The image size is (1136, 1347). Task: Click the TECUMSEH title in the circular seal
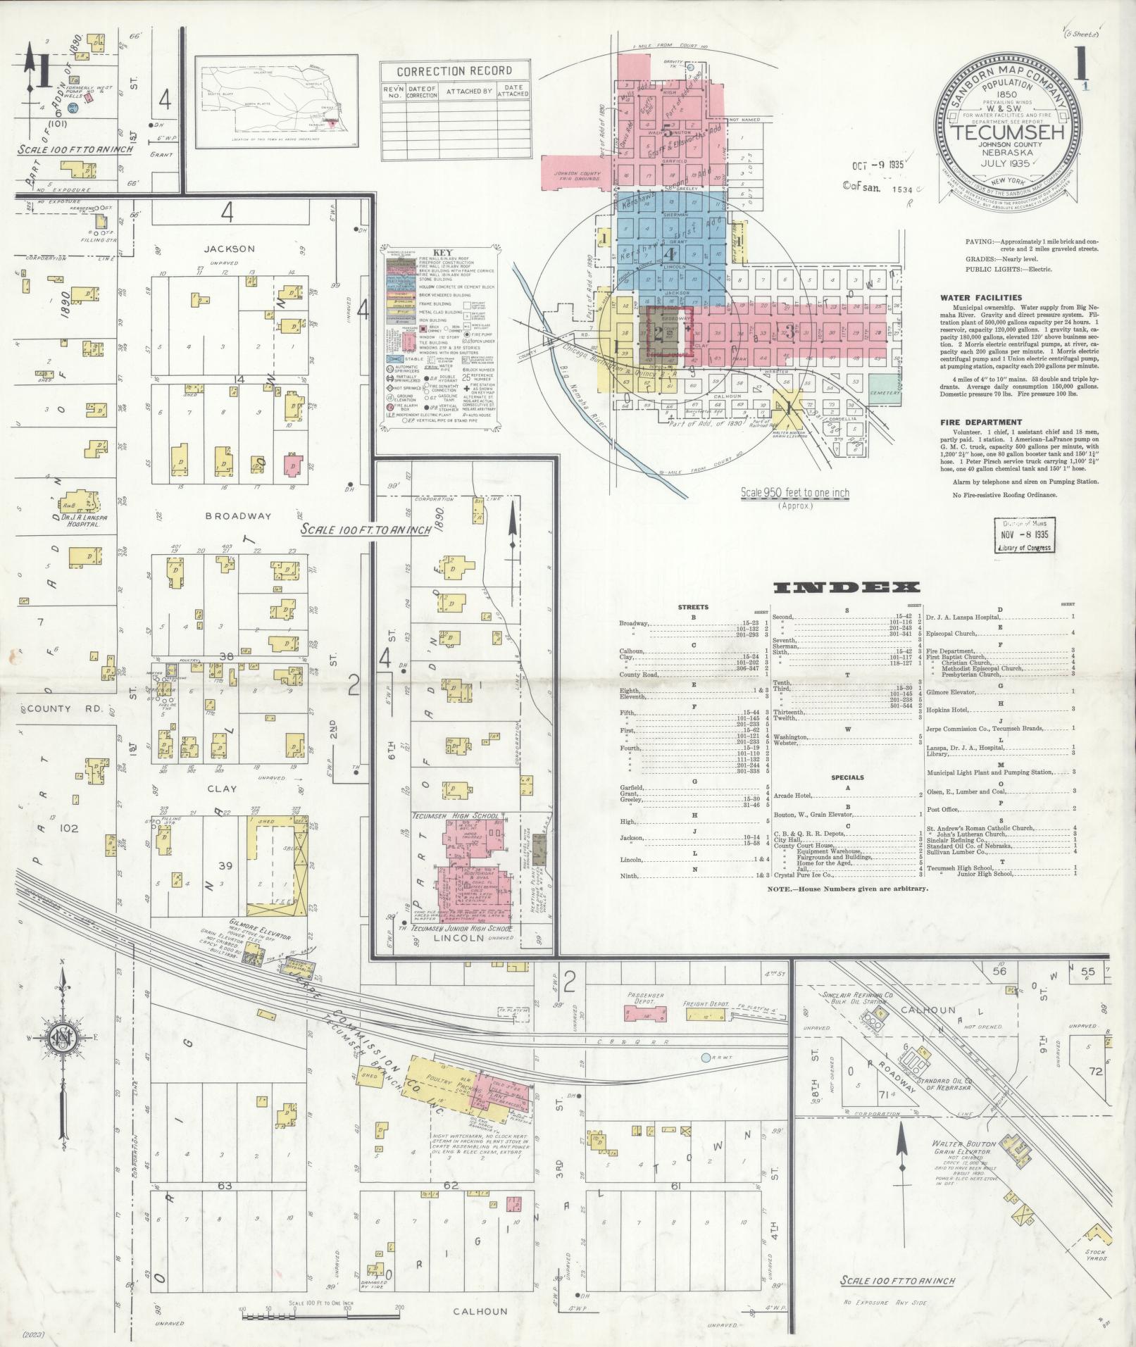click(1009, 132)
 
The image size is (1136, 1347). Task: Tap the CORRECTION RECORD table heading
click(454, 71)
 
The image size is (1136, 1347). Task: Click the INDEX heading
click(846, 587)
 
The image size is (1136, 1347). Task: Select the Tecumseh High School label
click(455, 816)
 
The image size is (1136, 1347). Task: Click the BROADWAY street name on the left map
click(237, 515)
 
